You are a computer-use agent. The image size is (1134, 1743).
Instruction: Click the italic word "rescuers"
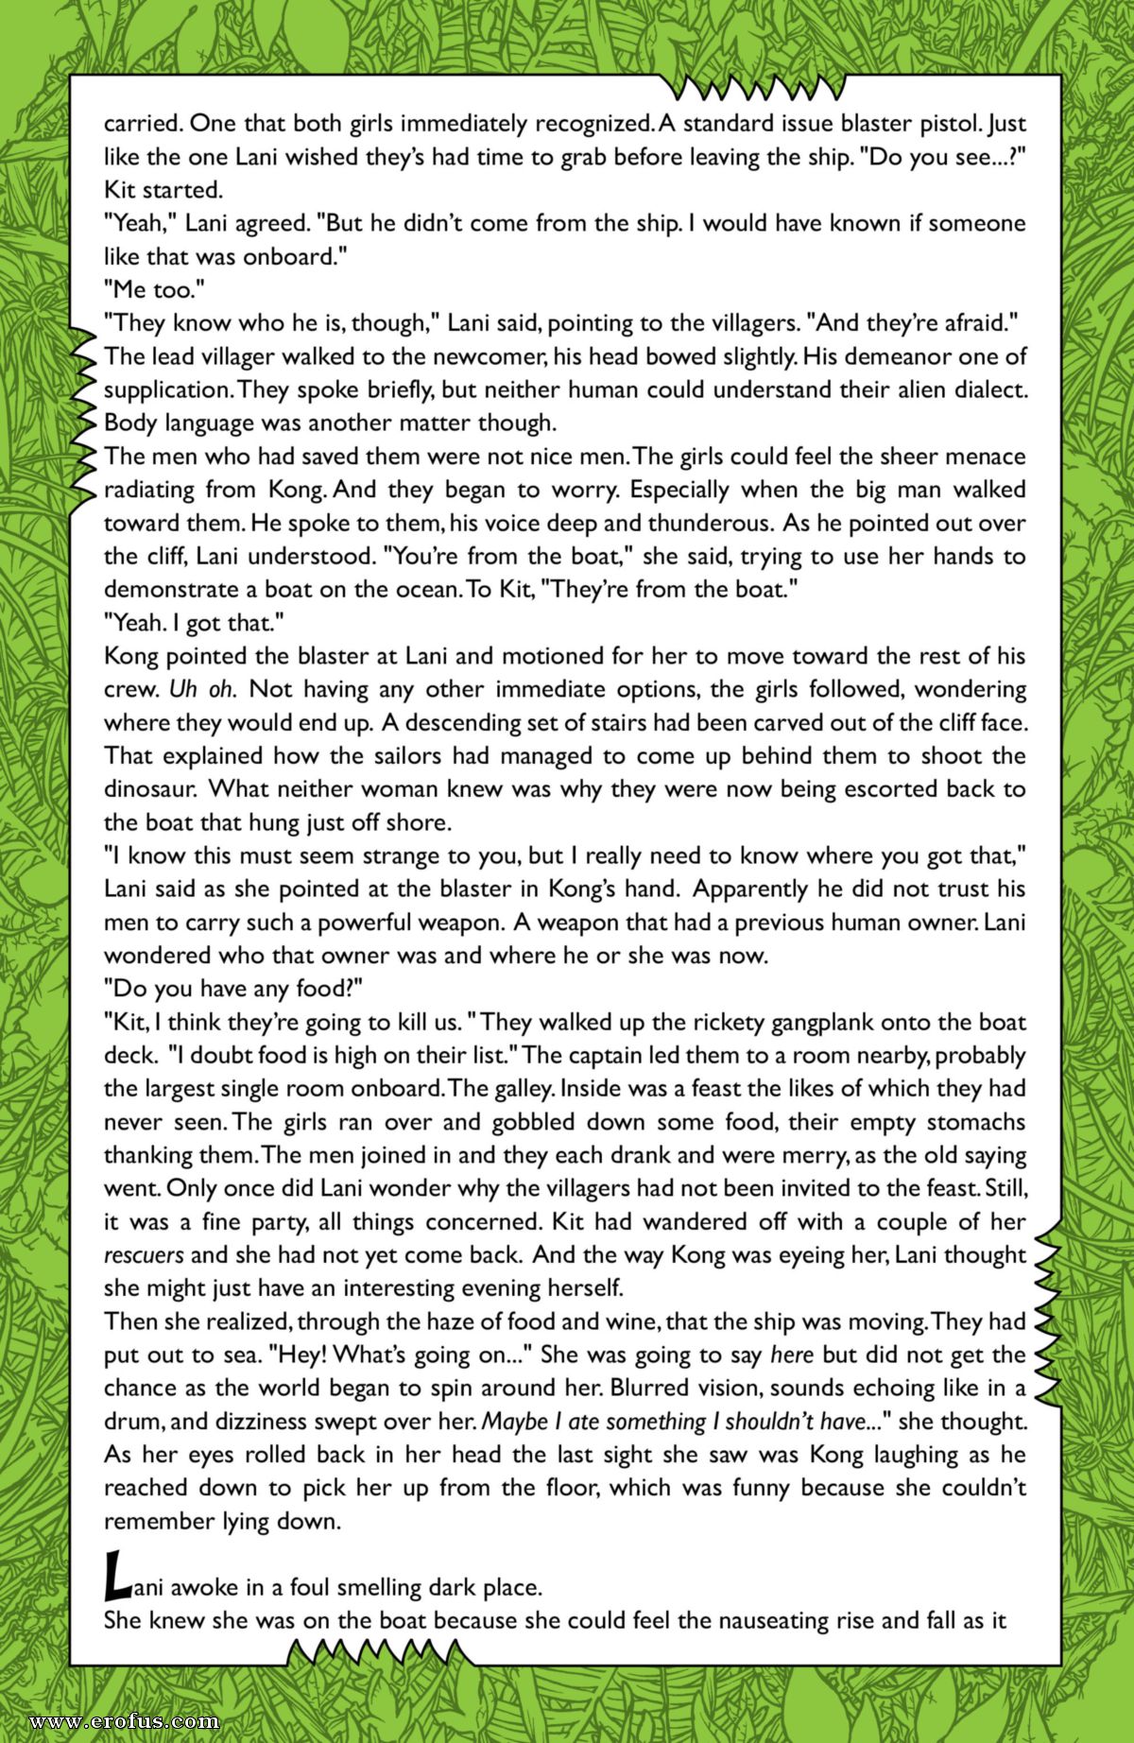(x=144, y=1255)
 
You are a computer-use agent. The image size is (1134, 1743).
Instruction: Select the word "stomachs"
(x=975, y=1122)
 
